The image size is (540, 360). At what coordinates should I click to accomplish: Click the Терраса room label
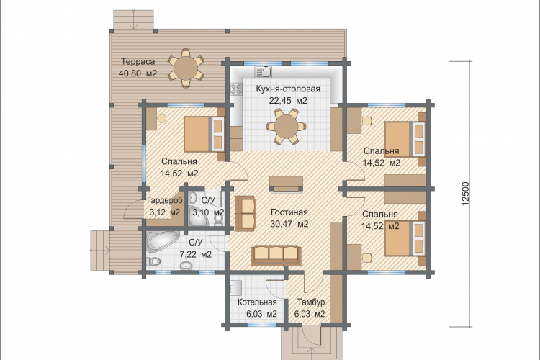[138, 62]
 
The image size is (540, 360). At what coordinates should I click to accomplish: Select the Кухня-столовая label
[288, 89]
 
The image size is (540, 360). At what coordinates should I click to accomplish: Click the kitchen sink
[263, 72]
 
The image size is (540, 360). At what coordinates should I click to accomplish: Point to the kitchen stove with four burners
[236, 89]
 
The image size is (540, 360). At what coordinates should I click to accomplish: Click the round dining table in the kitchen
[287, 126]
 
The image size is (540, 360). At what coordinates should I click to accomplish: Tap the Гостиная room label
[289, 212]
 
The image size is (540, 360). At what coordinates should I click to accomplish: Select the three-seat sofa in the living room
[276, 256]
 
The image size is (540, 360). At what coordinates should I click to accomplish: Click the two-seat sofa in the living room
[246, 213]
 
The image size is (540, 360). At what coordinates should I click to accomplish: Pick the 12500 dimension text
[466, 194]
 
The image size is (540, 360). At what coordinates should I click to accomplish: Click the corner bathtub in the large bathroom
[162, 241]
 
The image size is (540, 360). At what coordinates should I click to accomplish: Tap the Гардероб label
[164, 200]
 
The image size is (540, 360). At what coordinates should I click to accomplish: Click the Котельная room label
[257, 302]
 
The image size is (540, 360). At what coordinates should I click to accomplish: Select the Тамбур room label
[311, 302]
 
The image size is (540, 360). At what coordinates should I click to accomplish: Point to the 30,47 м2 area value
[289, 224]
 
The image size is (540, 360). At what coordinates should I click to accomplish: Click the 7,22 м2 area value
[196, 255]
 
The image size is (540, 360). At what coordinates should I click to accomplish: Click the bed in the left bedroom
[204, 135]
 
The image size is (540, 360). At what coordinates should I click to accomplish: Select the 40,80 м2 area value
[138, 73]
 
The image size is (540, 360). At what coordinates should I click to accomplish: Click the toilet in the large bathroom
[153, 263]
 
